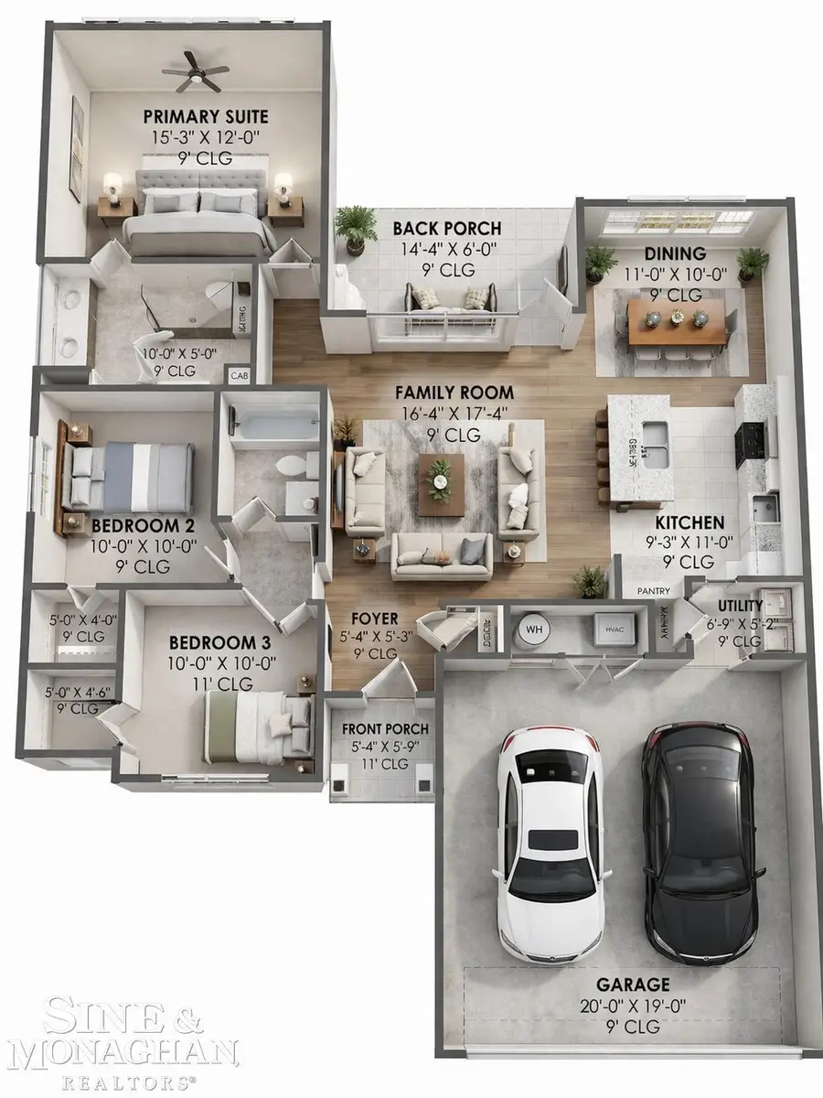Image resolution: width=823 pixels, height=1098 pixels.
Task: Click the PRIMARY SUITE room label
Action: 206,116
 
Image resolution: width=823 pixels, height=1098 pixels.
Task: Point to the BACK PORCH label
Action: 447,228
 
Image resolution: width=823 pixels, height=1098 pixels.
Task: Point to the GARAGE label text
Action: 633,985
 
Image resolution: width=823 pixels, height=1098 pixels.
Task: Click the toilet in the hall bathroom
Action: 292,466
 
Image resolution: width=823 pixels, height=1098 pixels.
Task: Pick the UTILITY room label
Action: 740,606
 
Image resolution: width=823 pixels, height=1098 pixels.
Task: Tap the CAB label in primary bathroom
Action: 239,375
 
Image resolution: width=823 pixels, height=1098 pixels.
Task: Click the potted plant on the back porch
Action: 356,226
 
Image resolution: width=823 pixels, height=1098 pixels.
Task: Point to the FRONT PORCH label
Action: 385,729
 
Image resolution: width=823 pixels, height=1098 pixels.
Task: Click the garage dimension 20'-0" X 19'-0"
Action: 633,1006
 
